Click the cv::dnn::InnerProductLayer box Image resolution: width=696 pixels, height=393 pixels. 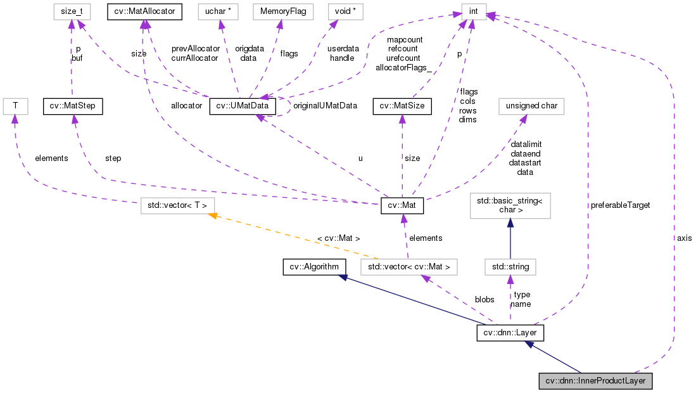click(x=595, y=382)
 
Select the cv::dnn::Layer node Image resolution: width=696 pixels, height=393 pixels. click(x=510, y=332)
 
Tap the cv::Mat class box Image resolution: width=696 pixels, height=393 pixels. click(x=402, y=205)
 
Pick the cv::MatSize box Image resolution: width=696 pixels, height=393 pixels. click(x=402, y=106)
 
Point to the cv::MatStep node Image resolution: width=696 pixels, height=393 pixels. click(x=72, y=106)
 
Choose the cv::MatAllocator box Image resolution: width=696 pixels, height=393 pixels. click(x=145, y=11)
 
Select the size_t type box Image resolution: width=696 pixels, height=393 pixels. click(x=72, y=11)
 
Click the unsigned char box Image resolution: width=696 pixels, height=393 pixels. click(x=531, y=106)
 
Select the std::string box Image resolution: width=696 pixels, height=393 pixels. click(x=510, y=267)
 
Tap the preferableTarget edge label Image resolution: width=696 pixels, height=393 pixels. click(x=620, y=205)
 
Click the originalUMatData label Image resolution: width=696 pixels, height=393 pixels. click(x=325, y=106)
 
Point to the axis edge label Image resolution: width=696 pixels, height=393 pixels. click(x=684, y=238)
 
